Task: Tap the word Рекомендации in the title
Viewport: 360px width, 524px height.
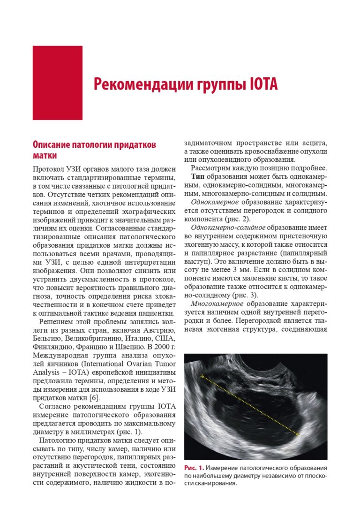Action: pos(136,84)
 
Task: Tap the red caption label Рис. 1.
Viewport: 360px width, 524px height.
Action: pos(194,468)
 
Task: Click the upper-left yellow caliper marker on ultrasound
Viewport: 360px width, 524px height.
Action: pos(202,376)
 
